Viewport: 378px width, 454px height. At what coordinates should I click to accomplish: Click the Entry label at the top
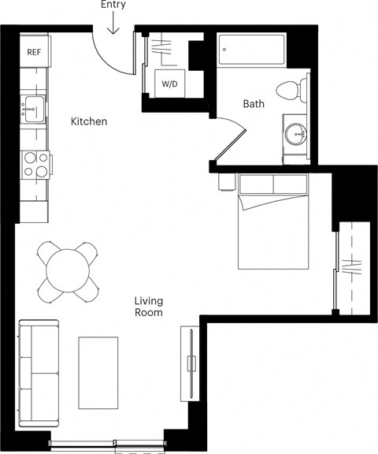(x=113, y=6)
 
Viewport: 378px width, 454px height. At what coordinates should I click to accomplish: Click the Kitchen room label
(x=89, y=121)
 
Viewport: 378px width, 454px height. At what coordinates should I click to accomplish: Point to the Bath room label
(x=254, y=103)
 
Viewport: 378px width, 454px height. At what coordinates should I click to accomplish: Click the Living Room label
(x=148, y=306)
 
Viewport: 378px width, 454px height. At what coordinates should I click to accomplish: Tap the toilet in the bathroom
(x=291, y=90)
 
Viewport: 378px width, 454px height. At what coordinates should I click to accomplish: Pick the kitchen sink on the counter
(x=33, y=109)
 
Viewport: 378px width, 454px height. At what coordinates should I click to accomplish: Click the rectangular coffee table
(x=99, y=371)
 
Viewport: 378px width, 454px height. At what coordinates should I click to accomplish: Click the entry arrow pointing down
(x=113, y=25)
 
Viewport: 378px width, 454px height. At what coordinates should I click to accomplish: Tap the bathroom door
(x=226, y=142)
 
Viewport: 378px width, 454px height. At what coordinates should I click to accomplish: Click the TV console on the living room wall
(x=188, y=363)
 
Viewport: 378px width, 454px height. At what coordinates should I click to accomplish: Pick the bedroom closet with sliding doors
(x=353, y=268)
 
